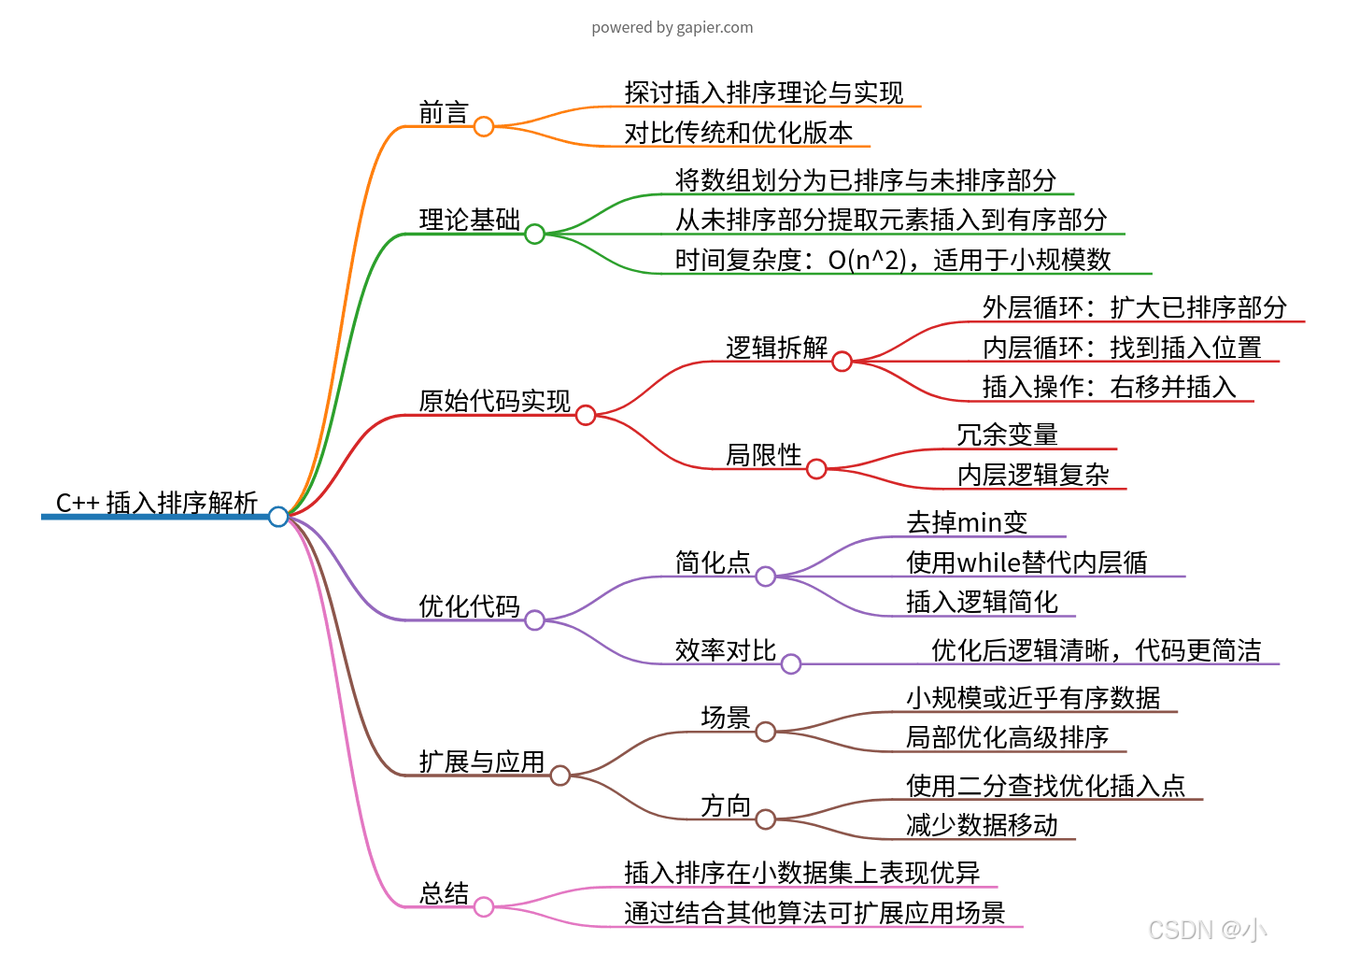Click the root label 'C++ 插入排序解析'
coord(156,503)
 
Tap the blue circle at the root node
coord(278,516)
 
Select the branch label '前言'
coord(443,113)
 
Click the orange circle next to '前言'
coord(484,126)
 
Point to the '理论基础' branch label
coord(469,220)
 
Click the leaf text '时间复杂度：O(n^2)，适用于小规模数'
coord(893,260)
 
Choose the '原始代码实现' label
coord(494,401)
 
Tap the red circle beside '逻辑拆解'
coord(842,361)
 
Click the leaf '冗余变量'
coord(1007,434)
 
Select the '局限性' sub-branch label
coord(763,455)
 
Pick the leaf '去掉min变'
coord(967,522)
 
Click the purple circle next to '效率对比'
coord(791,663)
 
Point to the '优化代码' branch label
coord(469,606)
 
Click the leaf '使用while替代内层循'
coord(1026,562)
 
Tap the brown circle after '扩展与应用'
coord(560,775)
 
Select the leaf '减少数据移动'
coord(982,825)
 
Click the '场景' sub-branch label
coord(726,718)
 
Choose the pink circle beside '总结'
coord(484,906)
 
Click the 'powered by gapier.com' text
coord(672,27)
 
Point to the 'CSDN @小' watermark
coord(1207,930)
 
